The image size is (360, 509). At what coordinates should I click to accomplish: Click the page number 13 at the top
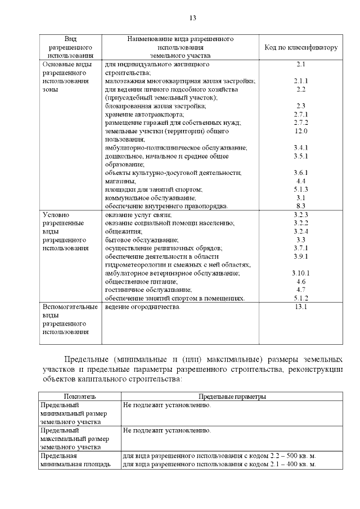[192, 17]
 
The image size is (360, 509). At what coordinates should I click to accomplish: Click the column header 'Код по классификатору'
[300, 48]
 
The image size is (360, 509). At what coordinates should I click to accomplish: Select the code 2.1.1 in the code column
[300, 82]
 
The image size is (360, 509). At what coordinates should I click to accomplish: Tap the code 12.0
[301, 131]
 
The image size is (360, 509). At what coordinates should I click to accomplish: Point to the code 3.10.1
[301, 273]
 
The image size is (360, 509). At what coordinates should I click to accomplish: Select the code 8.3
[301, 206]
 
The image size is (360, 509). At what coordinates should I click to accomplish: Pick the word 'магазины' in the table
[120, 181]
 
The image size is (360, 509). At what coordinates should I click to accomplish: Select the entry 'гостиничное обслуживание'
[141, 290]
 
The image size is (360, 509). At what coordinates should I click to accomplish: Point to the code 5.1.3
[301, 190]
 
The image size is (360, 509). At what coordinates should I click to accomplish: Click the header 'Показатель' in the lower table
[79, 397]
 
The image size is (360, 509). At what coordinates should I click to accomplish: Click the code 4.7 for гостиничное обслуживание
[301, 290]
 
